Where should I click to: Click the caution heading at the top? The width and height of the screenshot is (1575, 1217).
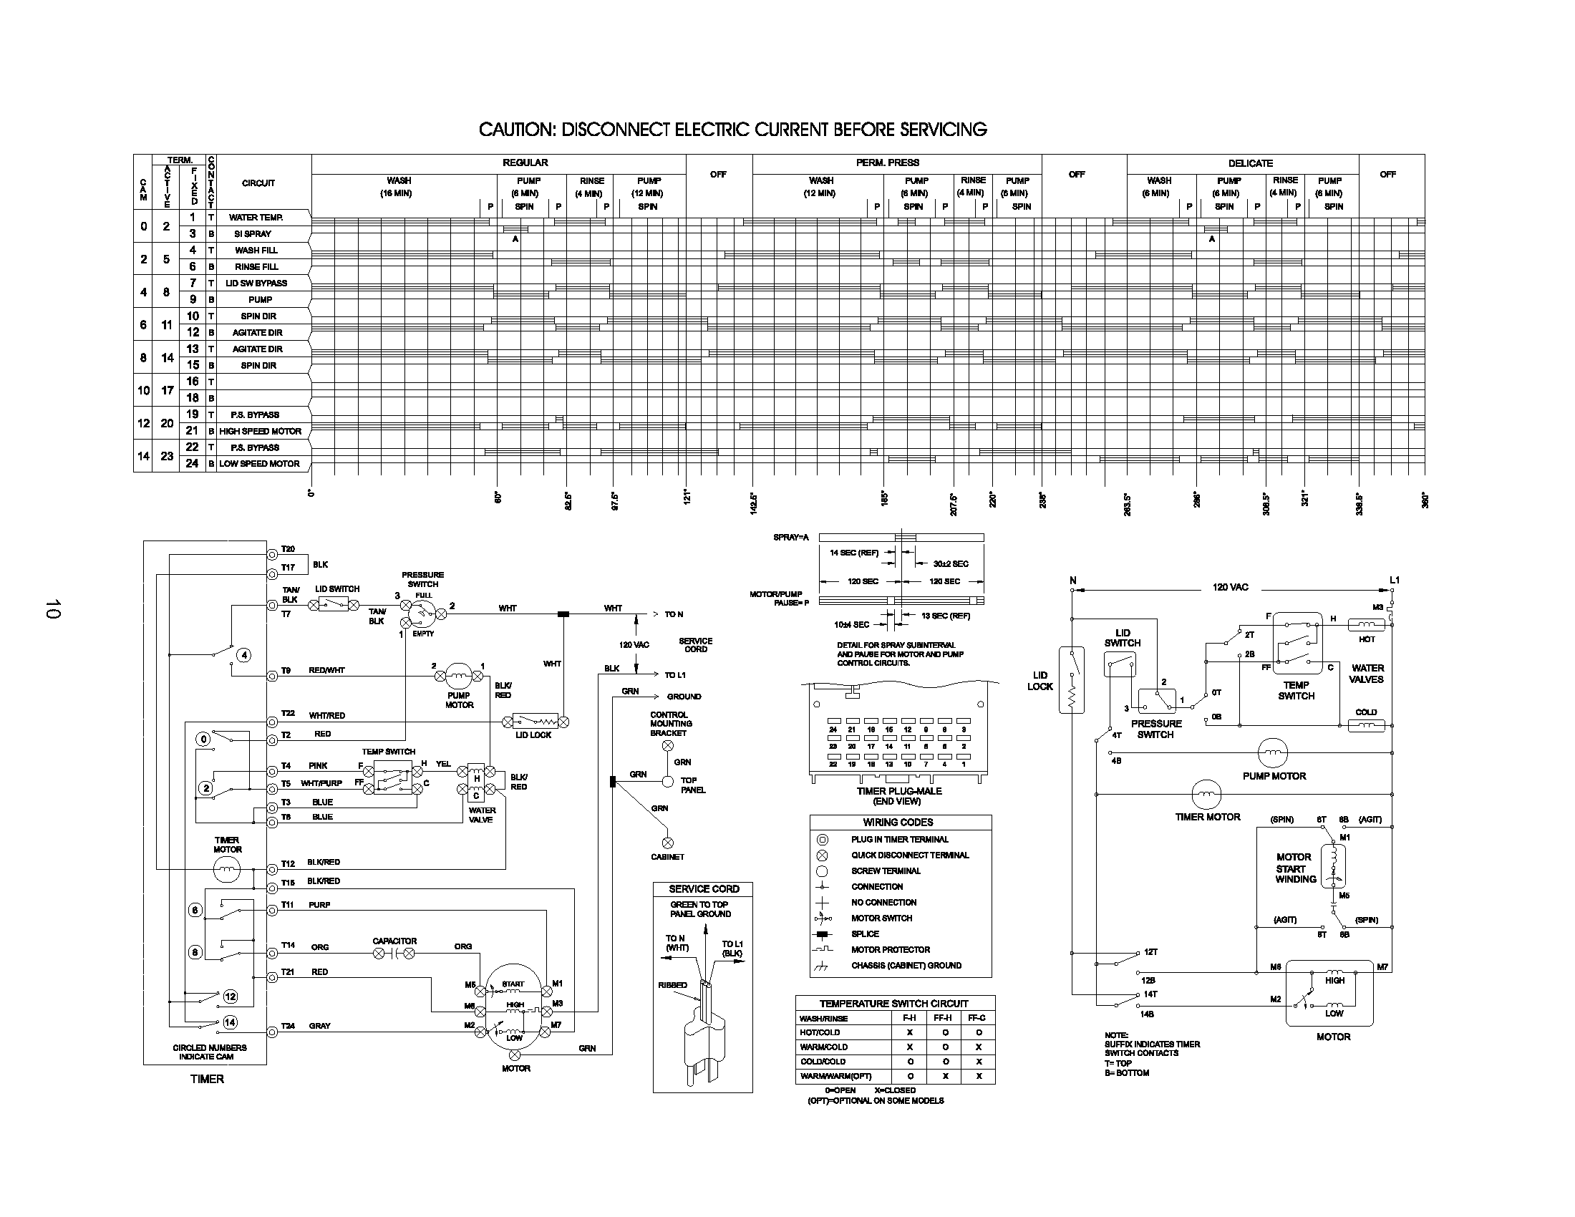732,130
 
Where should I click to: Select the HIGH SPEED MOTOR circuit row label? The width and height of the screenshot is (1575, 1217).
261,431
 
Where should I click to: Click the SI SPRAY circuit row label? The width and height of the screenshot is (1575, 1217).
253,234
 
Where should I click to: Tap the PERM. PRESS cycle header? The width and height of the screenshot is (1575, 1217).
887,163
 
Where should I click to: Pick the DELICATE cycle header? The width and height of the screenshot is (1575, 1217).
1250,164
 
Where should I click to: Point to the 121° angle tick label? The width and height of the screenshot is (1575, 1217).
687,497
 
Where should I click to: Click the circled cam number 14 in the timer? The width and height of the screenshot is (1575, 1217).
230,1022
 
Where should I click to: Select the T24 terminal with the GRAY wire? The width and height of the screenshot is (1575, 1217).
272,1032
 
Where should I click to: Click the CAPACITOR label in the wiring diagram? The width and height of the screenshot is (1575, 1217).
394,941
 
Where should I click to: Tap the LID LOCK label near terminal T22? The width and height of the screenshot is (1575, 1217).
533,735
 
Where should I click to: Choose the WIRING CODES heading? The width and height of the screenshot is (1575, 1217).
898,822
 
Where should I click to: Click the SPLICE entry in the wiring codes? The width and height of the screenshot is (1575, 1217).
865,934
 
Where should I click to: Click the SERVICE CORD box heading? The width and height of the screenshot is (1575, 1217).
703,889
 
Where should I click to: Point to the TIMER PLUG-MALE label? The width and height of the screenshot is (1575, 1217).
898,791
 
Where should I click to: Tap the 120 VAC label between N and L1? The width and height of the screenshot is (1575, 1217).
1229,587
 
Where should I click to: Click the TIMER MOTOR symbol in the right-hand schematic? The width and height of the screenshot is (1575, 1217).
1206,795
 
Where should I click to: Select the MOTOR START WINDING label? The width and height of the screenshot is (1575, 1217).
1295,868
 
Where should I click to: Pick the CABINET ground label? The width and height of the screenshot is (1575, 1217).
667,856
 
